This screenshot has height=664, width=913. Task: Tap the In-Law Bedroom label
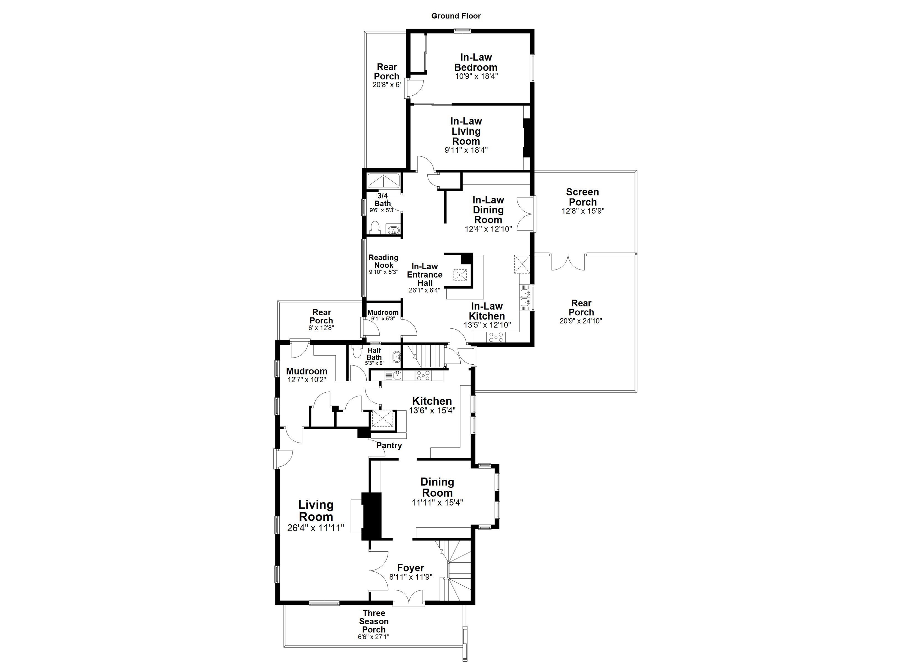tap(476, 62)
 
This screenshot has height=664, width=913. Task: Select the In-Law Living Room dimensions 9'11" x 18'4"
tap(466, 150)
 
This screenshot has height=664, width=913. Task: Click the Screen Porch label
tap(582, 197)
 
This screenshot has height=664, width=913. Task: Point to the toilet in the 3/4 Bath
tap(375, 227)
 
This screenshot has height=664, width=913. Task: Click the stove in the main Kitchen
tap(423, 376)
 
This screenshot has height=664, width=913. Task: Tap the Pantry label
tap(389, 445)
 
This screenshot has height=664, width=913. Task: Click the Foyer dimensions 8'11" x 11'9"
tap(411, 577)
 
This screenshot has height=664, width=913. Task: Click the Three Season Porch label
tap(374, 621)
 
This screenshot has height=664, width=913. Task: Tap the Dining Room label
tap(437, 487)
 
